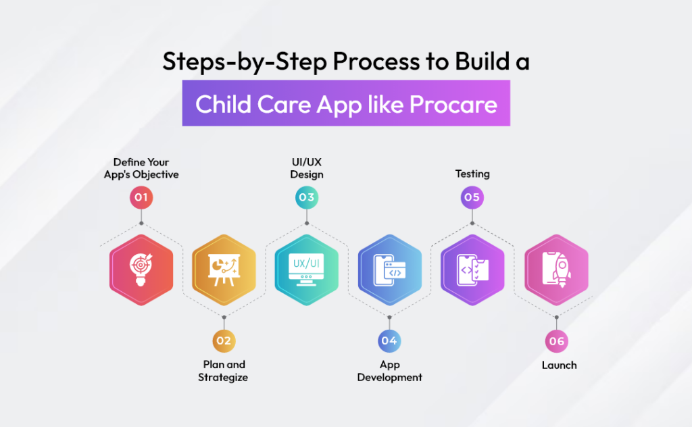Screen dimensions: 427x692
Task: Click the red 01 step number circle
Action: pyautogui.click(x=141, y=198)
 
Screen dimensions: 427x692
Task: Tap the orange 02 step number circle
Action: pyautogui.click(x=224, y=341)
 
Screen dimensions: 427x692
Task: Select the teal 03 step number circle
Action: pyautogui.click(x=307, y=198)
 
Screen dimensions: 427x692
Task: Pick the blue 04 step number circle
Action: pyautogui.click(x=389, y=341)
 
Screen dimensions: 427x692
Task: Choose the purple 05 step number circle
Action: pyautogui.click(x=472, y=198)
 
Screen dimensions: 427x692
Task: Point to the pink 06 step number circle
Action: pyautogui.click(x=556, y=341)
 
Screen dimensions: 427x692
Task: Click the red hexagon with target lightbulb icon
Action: pyautogui.click(x=141, y=270)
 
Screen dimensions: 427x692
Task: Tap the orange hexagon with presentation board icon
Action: pyautogui.click(x=224, y=270)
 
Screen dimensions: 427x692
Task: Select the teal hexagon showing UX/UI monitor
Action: pyautogui.click(x=307, y=270)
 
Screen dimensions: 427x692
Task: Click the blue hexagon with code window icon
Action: pyautogui.click(x=389, y=270)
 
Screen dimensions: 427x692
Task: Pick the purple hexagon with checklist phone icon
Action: pyautogui.click(x=472, y=270)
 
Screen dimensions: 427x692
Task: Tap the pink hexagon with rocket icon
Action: pyautogui.click(x=556, y=270)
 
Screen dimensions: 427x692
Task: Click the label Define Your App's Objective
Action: pyautogui.click(x=141, y=168)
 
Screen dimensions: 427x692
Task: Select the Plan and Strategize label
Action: pyautogui.click(x=224, y=371)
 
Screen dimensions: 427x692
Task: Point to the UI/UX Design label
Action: pyautogui.click(x=307, y=168)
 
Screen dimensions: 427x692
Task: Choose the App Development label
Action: pyautogui.click(x=389, y=371)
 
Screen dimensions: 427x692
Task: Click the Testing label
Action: pyautogui.click(x=472, y=174)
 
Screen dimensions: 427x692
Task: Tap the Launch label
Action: pyautogui.click(x=559, y=365)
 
